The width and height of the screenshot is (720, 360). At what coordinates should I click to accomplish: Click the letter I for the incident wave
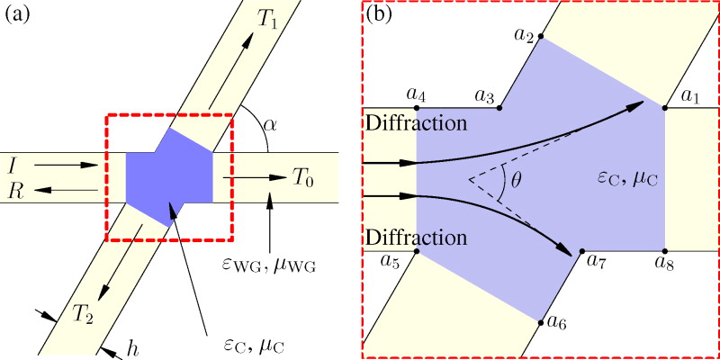tap(10, 166)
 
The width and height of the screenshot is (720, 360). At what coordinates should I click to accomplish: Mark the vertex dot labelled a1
tap(665, 108)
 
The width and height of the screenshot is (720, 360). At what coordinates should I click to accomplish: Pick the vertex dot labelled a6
tap(540, 321)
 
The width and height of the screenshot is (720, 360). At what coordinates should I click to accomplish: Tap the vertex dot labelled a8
tap(665, 250)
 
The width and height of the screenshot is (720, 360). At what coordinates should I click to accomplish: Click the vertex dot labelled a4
tap(416, 108)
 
